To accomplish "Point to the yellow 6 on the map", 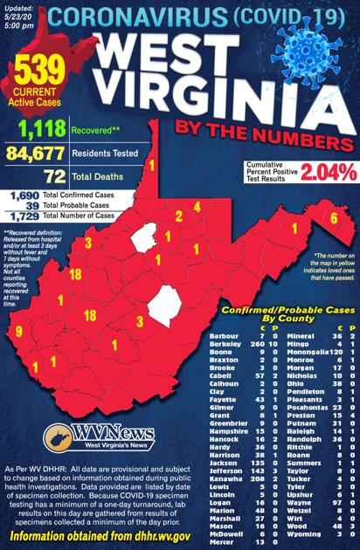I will pyautogui.click(x=333, y=217).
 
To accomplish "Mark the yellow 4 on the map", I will pyautogui.click(x=197, y=207).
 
